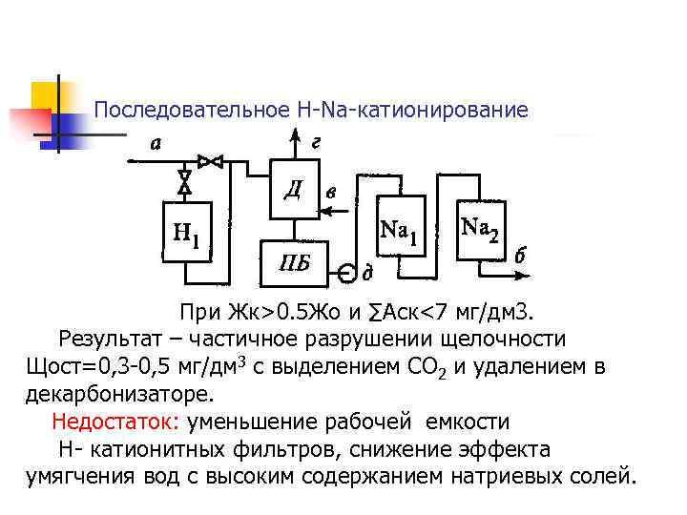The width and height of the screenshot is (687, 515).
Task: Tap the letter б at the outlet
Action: [x=520, y=256]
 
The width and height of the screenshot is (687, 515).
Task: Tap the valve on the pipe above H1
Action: [x=185, y=179]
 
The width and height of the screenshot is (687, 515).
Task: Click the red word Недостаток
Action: [x=117, y=422]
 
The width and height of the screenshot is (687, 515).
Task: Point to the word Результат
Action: [x=107, y=340]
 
